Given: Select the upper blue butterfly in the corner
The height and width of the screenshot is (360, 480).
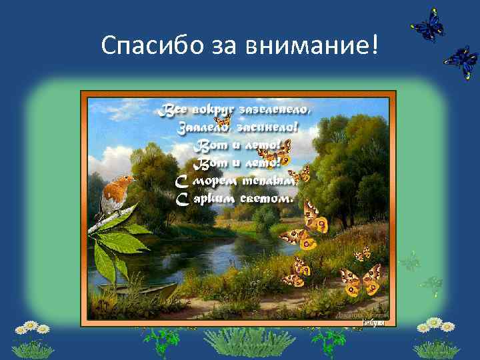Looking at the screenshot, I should [427, 25].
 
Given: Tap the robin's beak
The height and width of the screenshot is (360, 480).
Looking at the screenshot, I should [133, 179].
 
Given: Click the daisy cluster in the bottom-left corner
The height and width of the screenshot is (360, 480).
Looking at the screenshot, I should [32, 336].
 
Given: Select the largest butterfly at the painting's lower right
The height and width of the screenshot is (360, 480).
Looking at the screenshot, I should [360, 279].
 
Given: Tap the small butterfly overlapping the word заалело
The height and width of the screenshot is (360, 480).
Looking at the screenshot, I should [223, 122].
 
